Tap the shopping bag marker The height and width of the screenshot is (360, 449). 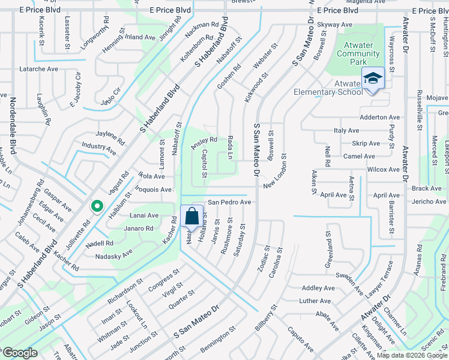click(x=191, y=217)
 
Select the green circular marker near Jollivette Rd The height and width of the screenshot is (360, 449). click(x=96, y=207)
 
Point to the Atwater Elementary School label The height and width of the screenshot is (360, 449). click(x=328, y=88)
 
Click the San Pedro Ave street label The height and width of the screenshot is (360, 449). click(x=229, y=203)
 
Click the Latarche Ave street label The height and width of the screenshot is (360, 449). click(x=39, y=69)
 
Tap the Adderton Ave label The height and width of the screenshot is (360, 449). click(x=379, y=118)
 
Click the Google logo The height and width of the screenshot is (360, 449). click(x=20, y=352)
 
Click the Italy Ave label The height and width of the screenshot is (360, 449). click(x=346, y=130)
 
